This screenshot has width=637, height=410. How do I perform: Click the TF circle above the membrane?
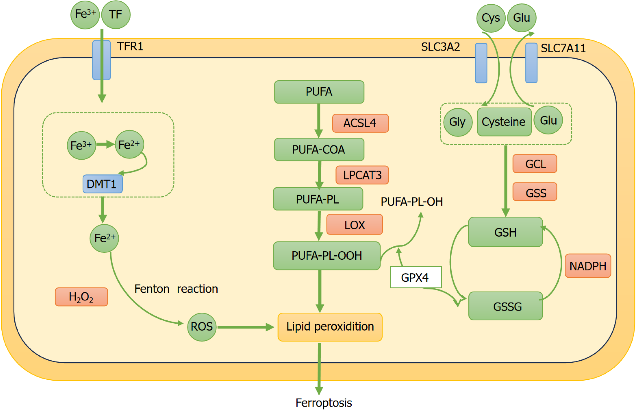[x=116, y=15]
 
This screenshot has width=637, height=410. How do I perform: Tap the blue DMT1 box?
[x=102, y=184]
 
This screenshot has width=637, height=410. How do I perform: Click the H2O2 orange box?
[x=81, y=297]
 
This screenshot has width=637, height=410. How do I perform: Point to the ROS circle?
[x=202, y=327]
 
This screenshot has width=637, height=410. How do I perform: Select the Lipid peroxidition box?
[x=330, y=327]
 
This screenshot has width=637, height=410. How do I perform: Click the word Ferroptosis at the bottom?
[x=324, y=402]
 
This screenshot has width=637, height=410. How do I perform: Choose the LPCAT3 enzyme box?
[x=362, y=175]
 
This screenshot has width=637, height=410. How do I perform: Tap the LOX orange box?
[x=354, y=225]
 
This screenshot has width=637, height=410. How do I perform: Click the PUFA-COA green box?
[x=319, y=150]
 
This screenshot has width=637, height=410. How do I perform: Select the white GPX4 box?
[x=416, y=277]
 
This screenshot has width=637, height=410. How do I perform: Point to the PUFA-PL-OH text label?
[x=412, y=202]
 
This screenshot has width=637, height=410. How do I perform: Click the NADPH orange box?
[x=588, y=266]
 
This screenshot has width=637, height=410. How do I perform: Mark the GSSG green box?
[x=505, y=306]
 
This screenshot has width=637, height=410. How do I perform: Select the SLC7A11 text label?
[x=563, y=48]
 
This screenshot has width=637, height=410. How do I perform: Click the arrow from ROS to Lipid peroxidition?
[x=245, y=327]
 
